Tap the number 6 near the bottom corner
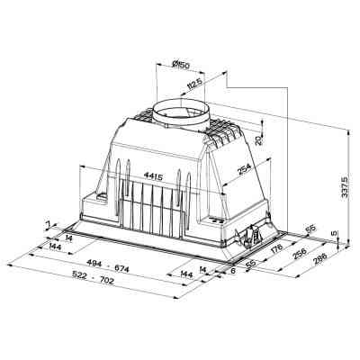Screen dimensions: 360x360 point(232,269)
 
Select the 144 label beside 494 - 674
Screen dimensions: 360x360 point(56,247)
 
